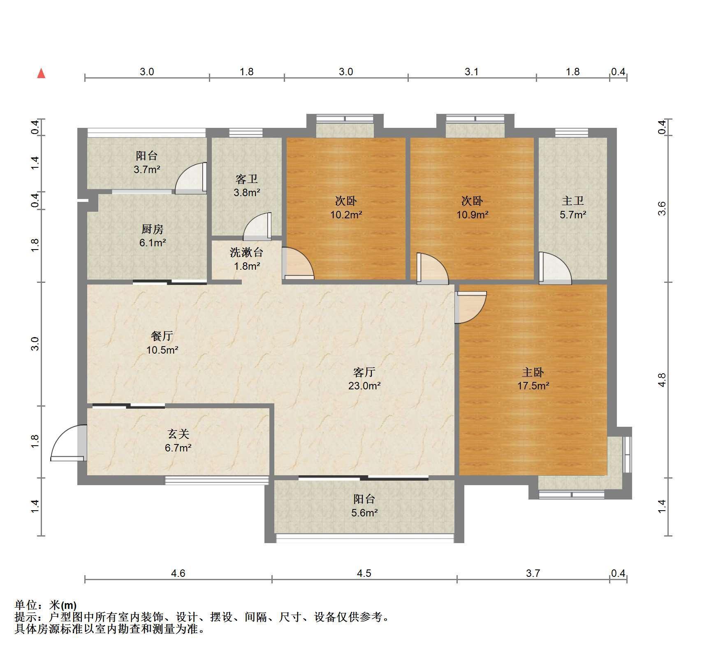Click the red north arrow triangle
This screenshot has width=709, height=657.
coord(41,74)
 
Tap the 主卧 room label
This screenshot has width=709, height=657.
coord(533,372)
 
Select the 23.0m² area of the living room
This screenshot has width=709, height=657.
coord(364,386)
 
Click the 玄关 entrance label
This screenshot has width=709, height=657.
coord(178,434)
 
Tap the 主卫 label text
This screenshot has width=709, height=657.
coord(573,201)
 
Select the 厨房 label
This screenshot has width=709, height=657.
coord(152,229)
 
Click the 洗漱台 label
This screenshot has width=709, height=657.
coord(246,252)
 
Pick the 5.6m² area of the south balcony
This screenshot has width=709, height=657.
coord(364,513)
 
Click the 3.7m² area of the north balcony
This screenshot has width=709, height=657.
coord(147,169)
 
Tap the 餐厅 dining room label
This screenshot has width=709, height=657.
coord(162,336)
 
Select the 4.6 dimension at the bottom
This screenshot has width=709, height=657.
coord(178,573)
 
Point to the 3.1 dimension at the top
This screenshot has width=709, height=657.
coord(472,72)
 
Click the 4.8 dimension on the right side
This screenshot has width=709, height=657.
coord(662,380)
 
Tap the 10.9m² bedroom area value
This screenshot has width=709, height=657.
coord(473,215)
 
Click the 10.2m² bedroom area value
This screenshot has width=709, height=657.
coord(346,215)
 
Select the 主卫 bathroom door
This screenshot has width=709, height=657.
coord(555,268)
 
